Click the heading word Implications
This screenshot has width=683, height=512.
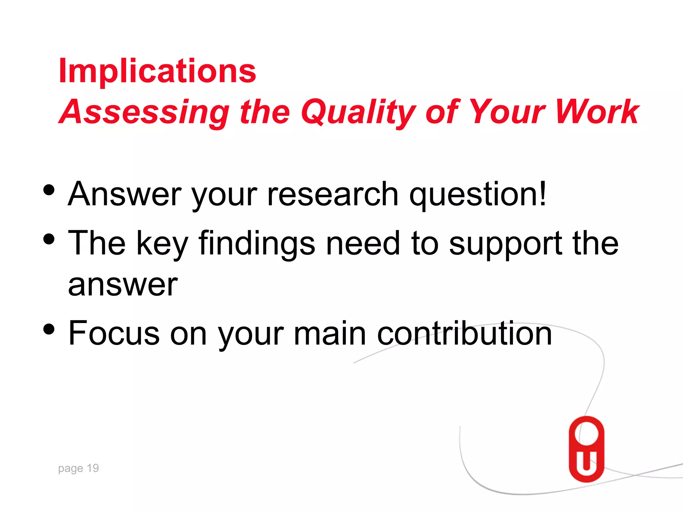(x=157, y=71)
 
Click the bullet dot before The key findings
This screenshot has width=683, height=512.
(x=49, y=239)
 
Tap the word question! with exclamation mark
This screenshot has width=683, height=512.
(x=478, y=195)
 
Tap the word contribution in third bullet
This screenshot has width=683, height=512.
(x=464, y=333)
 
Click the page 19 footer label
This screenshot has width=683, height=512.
(x=78, y=468)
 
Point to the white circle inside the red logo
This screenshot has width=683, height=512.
(x=586, y=433)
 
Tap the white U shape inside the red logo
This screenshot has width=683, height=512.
(x=586, y=464)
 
